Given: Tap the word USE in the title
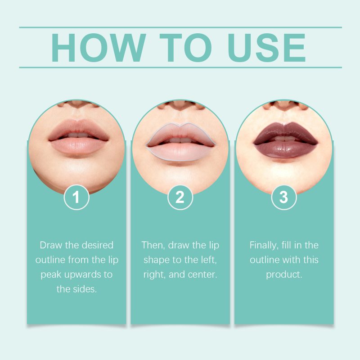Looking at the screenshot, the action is (x=266, y=48).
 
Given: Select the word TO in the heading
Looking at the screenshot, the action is (x=185, y=48).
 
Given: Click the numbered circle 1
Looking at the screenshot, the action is (x=76, y=197).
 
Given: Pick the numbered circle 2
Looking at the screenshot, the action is (x=180, y=197).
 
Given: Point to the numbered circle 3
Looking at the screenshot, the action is (x=284, y=197).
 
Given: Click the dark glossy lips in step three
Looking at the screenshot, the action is (x=285, y=140).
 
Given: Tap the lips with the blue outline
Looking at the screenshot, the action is (x=181, y=142).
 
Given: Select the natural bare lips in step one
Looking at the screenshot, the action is (x=78, y=137).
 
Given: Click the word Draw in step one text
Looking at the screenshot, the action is (x=51, y=245).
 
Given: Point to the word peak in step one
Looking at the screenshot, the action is (x=51, y=275).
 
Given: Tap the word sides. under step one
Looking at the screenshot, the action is (x=85, y=289).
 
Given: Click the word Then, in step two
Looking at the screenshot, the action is (x=153, y=245).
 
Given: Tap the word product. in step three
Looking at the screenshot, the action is (x=284, y=275).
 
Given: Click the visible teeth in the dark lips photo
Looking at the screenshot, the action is (x=285, y=139).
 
